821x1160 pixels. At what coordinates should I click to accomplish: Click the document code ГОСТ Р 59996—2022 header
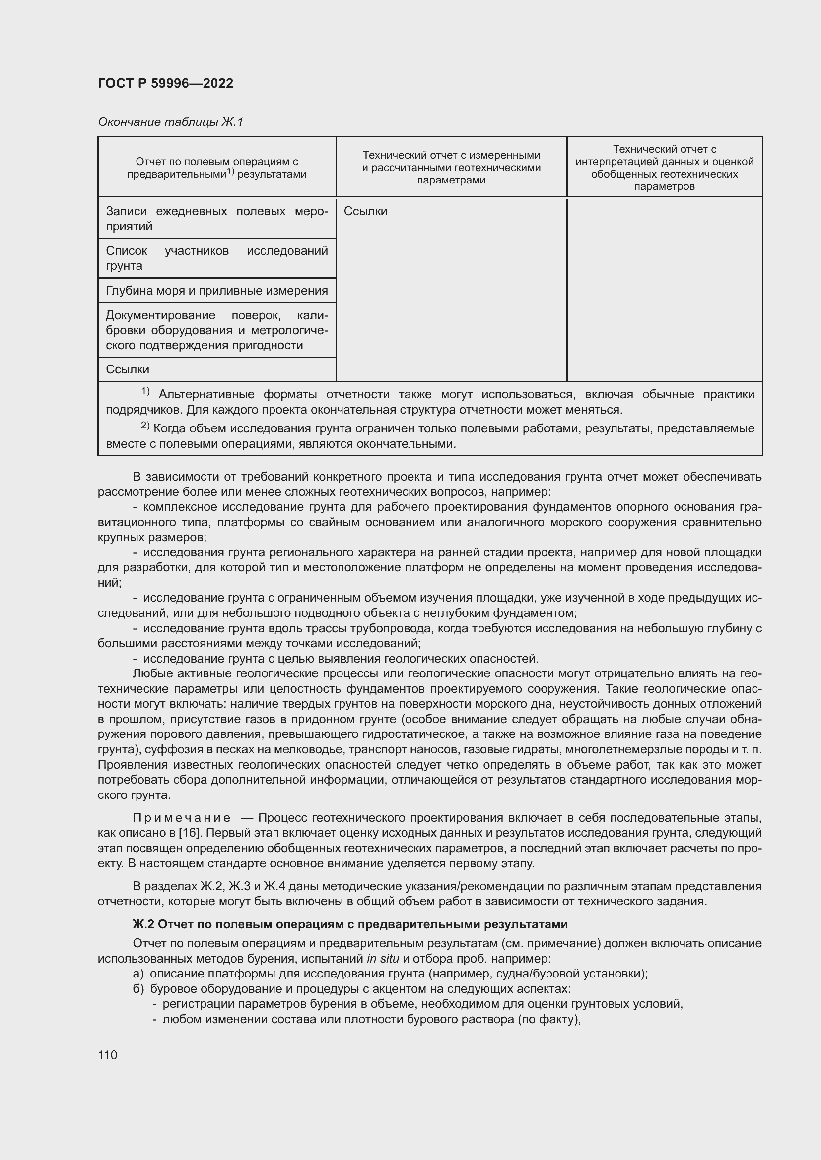pos(165,83)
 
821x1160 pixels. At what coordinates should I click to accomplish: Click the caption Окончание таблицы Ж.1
pos(170,122)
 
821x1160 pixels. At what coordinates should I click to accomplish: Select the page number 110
pos(107,1055)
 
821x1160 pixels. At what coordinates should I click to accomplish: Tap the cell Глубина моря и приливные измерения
pos(216,291)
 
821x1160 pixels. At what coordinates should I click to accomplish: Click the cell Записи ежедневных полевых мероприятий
pos(216,219)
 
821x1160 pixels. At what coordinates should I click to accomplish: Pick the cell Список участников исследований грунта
pos(216,258)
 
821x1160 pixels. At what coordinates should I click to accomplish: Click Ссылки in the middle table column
pos(365,211)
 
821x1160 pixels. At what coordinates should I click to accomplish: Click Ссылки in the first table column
pos(128,369)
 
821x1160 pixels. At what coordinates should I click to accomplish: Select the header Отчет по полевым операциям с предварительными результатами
pos(216,168)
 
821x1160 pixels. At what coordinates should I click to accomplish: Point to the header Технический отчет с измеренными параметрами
pos(451,168)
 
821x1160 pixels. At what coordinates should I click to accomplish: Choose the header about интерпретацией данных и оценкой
pos(664,168)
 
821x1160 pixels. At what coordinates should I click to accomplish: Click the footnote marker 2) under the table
pos(145,427)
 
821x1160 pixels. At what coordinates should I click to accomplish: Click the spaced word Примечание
pos(182,817)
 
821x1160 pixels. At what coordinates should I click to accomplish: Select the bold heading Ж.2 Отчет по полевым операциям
pos(350,924)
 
